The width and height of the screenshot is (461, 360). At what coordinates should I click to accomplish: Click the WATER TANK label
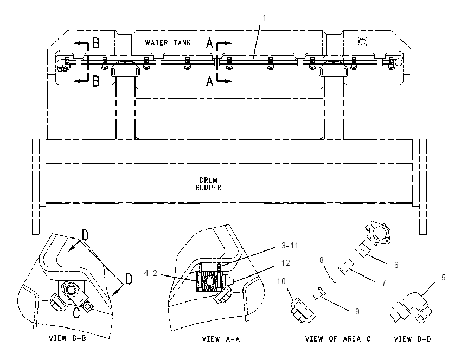point(168,43)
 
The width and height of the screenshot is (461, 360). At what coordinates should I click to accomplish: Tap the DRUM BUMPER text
point(208,184)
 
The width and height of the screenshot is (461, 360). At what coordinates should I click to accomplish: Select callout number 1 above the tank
point(264,18)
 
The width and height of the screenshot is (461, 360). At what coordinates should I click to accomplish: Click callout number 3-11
point(290,246)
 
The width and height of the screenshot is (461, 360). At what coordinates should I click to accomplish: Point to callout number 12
point(285,263)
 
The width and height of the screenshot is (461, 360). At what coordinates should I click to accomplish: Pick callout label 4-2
point(151,273)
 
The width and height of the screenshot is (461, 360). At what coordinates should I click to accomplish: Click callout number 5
point(443,278)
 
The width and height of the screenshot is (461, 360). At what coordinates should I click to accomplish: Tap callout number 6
point(396,265)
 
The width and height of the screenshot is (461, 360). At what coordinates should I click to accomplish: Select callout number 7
point(383,282)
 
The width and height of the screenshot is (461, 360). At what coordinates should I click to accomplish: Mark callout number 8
point(322,260)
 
